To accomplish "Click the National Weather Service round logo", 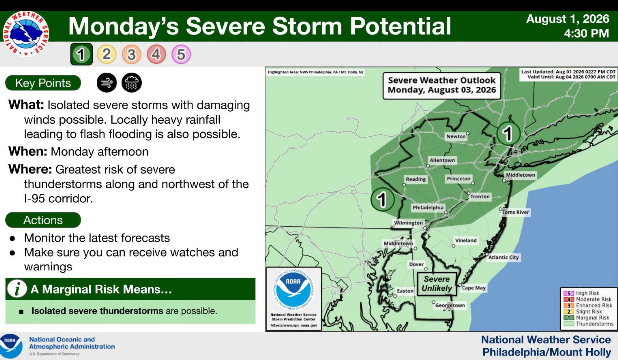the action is pos(26,33).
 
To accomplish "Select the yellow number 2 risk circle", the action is pos(106,54).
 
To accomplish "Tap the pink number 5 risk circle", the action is pos(181,54).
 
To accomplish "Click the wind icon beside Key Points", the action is pos(107,83).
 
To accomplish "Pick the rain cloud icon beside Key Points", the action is pos(132,83).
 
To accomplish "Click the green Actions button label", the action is pos(43,220).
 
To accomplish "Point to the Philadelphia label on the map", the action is pos(428,207).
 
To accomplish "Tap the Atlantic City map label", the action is pos(503,257).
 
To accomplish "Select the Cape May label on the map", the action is pos(474,288).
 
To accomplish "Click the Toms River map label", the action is pos(515,212).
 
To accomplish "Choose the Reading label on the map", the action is pos(416,179).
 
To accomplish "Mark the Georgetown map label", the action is pos(450,305).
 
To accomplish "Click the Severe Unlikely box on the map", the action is pos(437,284).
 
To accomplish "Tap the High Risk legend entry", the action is pos(588,293).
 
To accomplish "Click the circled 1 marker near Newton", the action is pos(508,133).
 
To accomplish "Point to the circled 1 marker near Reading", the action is pos(382,199).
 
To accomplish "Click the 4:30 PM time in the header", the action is pos(586,33).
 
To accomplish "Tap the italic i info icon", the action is pos(17,288).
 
